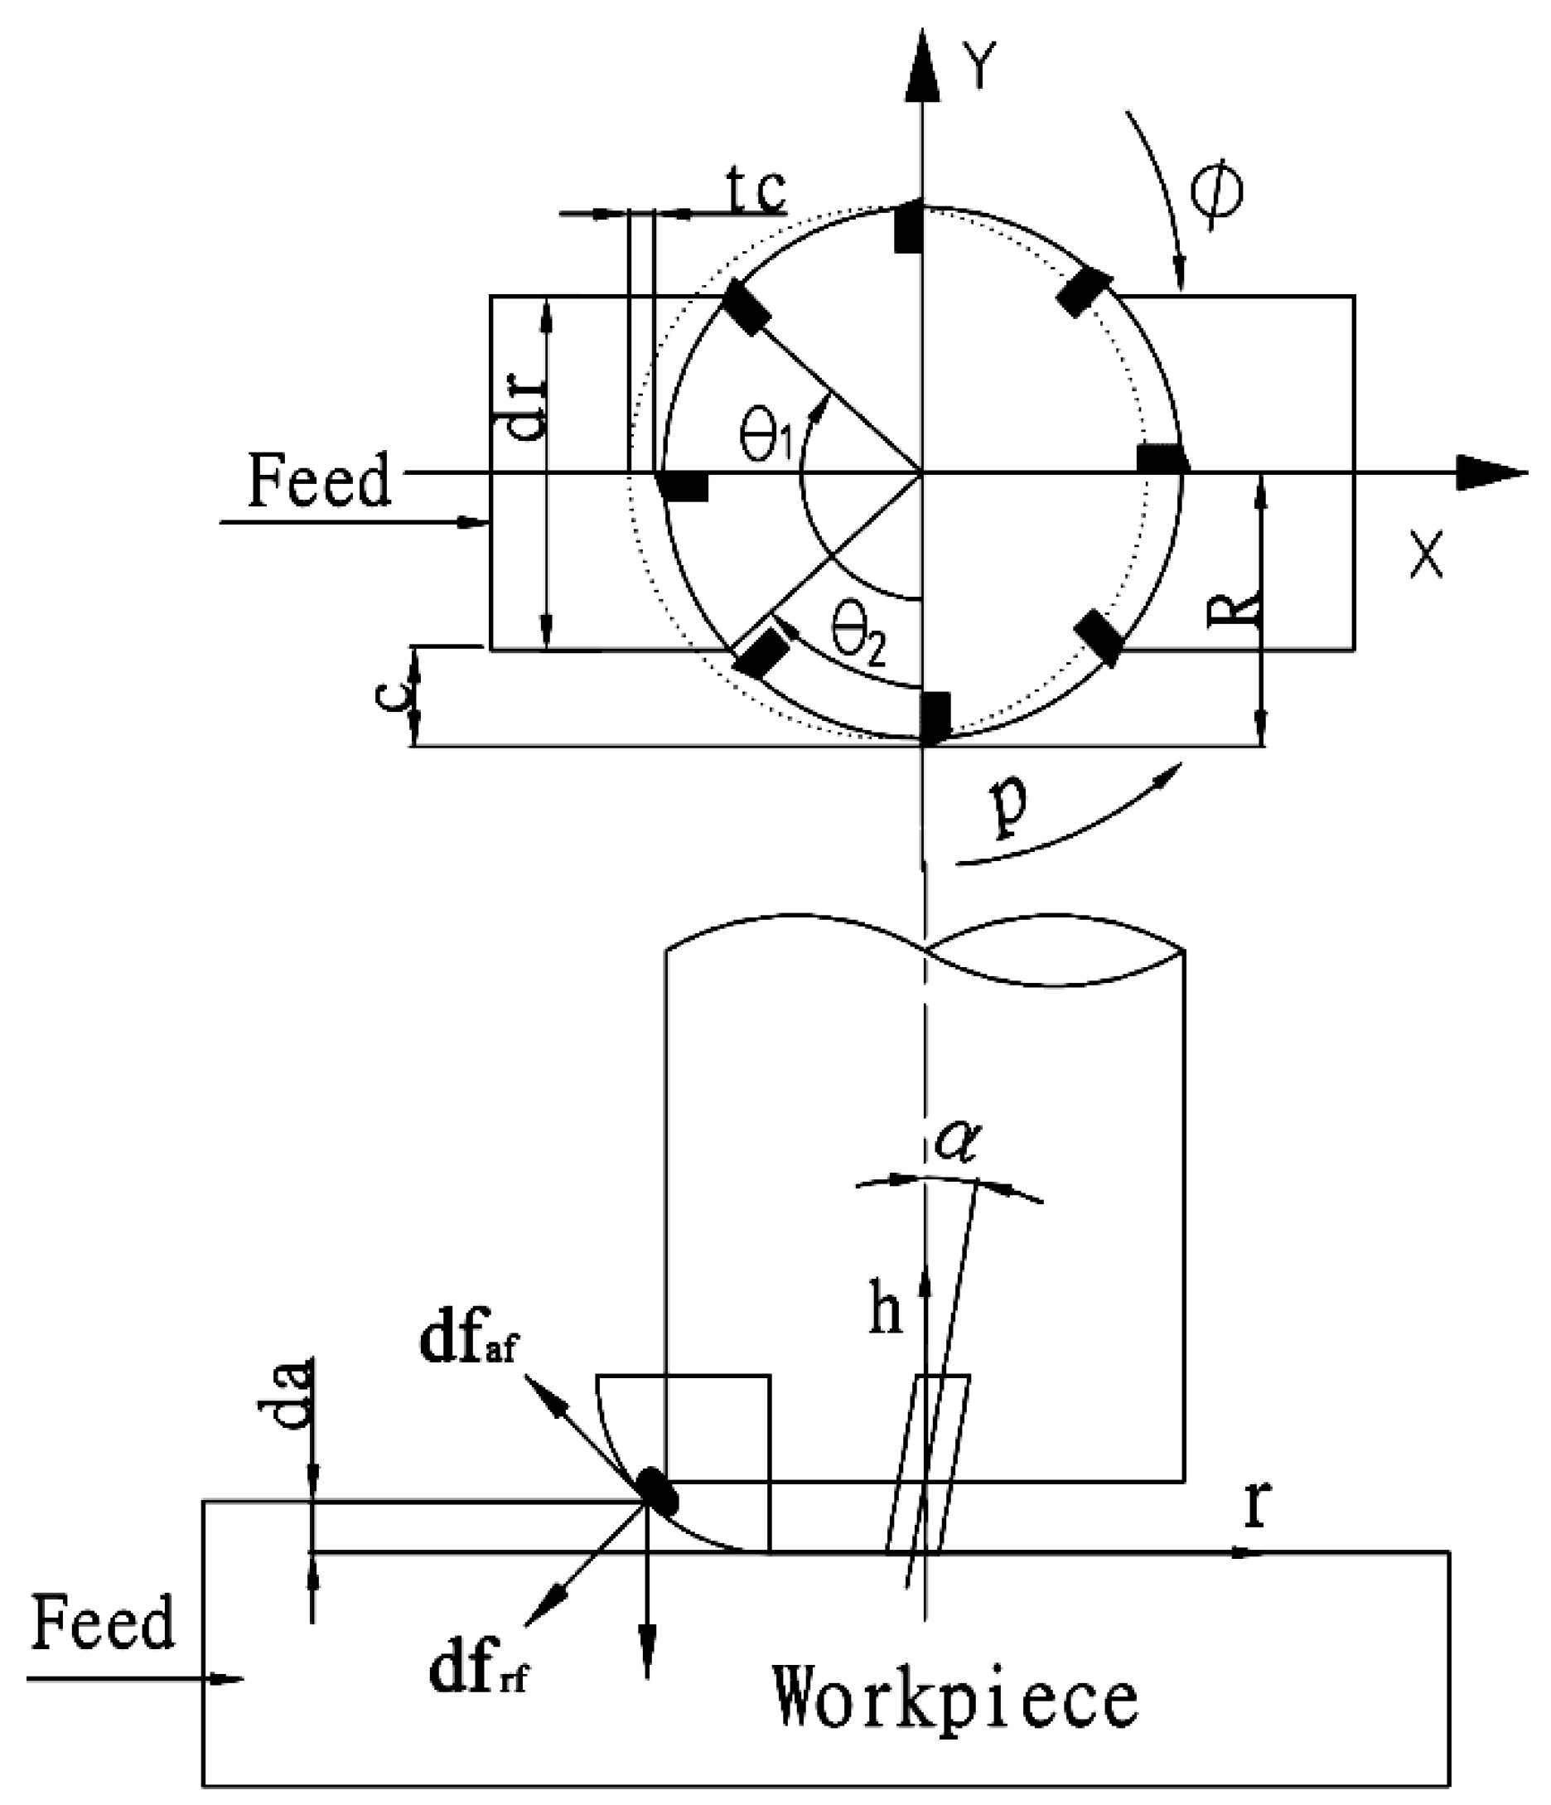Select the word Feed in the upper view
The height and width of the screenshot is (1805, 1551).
(x=319, y=481)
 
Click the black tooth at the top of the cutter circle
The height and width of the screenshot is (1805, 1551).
(x=908, y=226)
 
